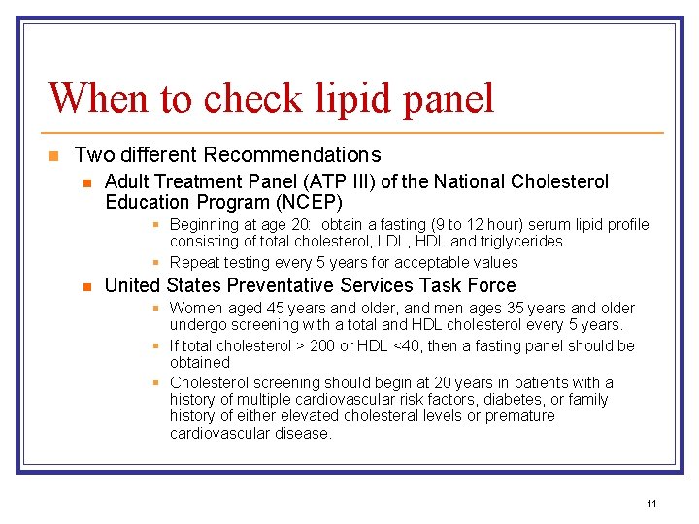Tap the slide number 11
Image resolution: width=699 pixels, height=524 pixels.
coord(651,503)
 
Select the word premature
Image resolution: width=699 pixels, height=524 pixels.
coord(515,416)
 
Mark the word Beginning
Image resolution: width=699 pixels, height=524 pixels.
coord(206,225)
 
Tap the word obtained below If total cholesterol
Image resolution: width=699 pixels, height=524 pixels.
coord(200,362)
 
